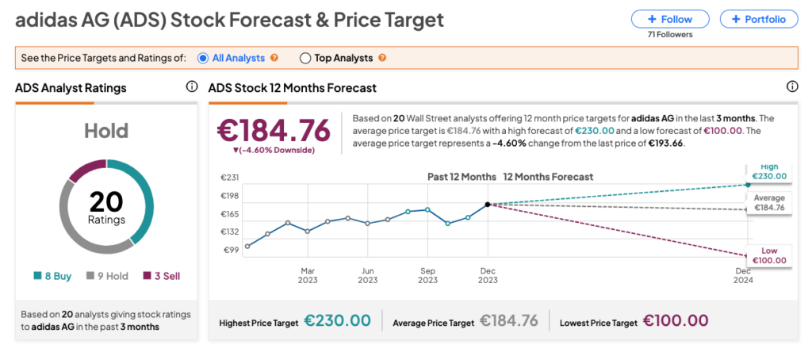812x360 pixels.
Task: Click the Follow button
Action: pos(670,19)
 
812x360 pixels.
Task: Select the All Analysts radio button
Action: pos(203,58)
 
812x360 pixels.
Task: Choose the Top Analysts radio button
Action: pos(305,58)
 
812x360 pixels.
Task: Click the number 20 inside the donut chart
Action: pos(105,202)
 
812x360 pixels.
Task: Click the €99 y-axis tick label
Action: pos(230,250)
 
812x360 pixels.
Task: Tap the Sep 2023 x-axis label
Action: pos(427,275)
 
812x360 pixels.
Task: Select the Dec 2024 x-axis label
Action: pos(743,275)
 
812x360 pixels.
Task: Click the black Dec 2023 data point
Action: pos(488,205)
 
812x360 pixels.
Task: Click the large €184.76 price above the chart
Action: pos(274,129)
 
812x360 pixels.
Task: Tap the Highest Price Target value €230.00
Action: pos(337,321)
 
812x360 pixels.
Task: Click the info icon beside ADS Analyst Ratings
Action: pos(191,87)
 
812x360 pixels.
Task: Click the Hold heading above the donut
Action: pos(105,131)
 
